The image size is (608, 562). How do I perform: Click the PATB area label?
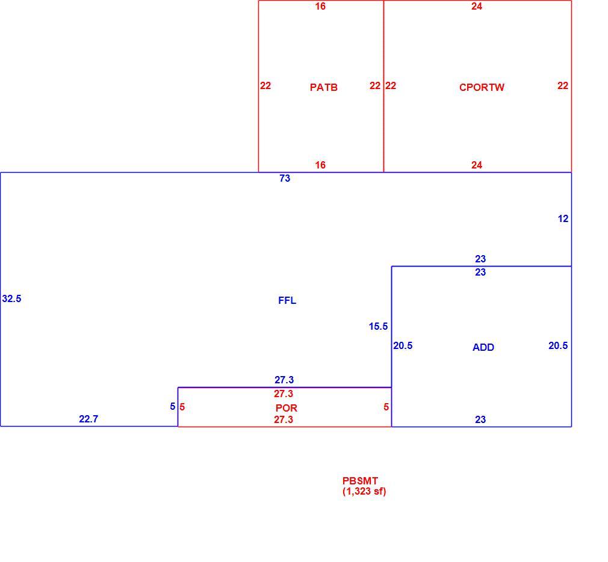pyautogui.click(x=323, y=87)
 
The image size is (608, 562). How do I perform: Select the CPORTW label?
pyautogui.click(x=482, y=87)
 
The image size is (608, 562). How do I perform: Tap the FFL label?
pyautogui.click(x=287, y=300)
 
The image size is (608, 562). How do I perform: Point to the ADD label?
pyautogui.click(x=483, y=347)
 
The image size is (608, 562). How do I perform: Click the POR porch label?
pyautogui.click(x=286, y=408)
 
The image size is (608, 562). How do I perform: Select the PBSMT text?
pyautogui.click(x=360, y=481)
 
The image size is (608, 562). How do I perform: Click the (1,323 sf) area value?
pyautogui.click(x=364, y=492)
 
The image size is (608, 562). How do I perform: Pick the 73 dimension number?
pyautogui.click(x=285, y=178)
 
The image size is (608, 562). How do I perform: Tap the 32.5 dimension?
pyautogui.click(x=11, y=298)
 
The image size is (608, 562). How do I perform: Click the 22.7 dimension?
pyautogui.click(x=88, y=419)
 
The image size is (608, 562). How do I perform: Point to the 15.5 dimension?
pyautogui.click(x=378, y=326)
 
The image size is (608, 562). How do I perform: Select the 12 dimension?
pyautogui.click(x=563, y=218)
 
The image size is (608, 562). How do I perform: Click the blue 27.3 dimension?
pyautogui.click(x=284, y=380)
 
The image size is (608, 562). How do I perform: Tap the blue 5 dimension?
pyautogui.click(x=173, y=407)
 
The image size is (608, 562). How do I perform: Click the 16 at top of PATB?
pyautogui.click(x=320, y=6)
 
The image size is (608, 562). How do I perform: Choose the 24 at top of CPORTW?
pyautogui.click(x=477, y=6)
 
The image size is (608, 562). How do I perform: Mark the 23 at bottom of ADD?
pyautogui.click(x=480, y=419)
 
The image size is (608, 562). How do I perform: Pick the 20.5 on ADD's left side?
pyautogui.click(x=403, y=345)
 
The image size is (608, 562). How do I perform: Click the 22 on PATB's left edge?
pyautogui.click(x=265, y=85)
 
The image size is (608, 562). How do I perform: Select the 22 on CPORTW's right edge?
pyautogui.click(x=563, y=85)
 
